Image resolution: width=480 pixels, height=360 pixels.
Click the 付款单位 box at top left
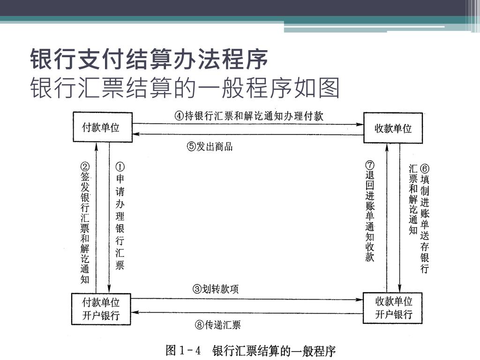101,127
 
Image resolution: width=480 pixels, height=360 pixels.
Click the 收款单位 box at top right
393,128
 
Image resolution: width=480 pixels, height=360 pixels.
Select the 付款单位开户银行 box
101,308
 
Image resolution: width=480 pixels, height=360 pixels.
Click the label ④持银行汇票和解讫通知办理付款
249,116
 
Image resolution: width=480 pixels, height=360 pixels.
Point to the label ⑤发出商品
210,146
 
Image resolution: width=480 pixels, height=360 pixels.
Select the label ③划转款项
216,289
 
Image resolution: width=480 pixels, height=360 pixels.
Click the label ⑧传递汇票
217,324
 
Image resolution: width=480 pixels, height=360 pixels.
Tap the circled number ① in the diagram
120,167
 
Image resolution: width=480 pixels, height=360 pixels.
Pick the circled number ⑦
370,165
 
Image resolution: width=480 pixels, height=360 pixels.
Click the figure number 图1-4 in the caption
183,351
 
